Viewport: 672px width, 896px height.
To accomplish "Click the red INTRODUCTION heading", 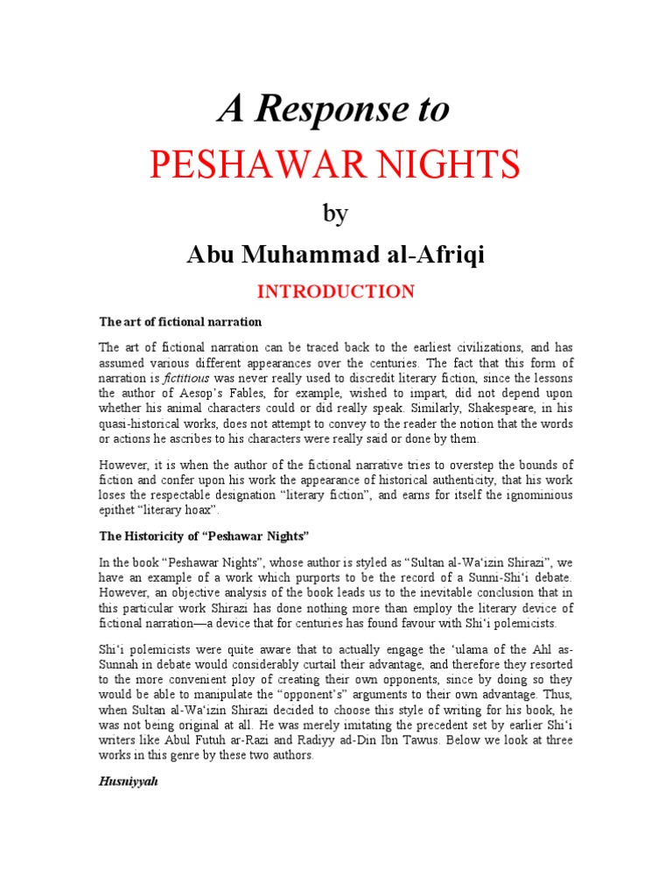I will click(335, 291).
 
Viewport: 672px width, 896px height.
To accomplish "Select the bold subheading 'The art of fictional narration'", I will click(180, 321).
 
